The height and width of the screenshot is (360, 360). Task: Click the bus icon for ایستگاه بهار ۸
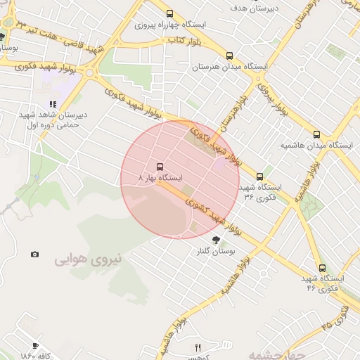click(x=160, y=167)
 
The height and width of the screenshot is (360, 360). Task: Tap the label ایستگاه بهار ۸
click(x=161, y=179)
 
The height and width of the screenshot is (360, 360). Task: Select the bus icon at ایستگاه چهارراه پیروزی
click(x=169, y=13)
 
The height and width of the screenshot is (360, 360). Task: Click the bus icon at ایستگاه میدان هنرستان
click(x=229, y=56)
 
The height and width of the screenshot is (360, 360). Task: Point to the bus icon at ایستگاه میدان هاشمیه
click(x=316, y=134)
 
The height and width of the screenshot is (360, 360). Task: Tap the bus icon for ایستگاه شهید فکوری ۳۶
click(x=259, y=176)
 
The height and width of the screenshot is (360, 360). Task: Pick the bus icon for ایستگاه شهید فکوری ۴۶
click(x=322, y=268)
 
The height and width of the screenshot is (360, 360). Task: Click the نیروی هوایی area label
click(x=89, y=259)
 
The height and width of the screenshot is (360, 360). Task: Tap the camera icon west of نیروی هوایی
click(x=35, y=254)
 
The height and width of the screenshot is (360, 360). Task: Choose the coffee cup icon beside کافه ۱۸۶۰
click(x=35, y=345)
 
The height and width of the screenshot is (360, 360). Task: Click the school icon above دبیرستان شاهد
click(x=53, y=104)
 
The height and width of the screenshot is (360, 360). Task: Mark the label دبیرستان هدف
click(x=255, y=8)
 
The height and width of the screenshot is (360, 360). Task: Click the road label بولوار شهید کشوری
click(x=214, y=218)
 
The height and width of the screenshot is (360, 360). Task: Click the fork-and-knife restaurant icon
click(x=198, y=347)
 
